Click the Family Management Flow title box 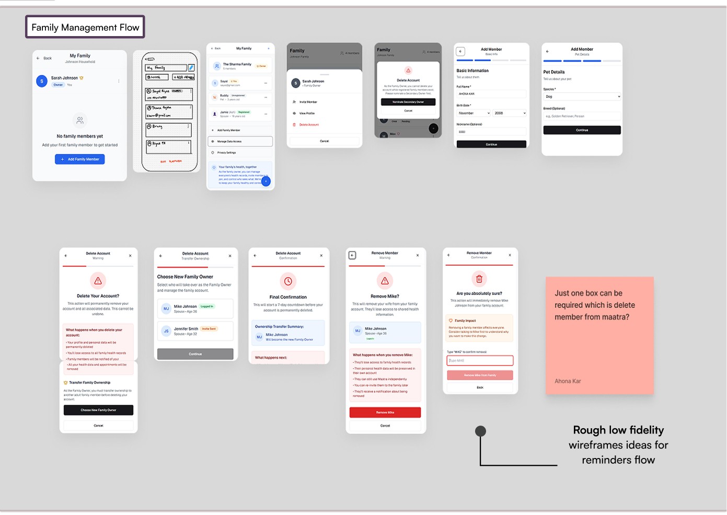coord(85,27)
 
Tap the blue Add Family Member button coord(80,159)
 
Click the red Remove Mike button coord(385,413)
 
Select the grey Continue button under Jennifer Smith coord(195,354)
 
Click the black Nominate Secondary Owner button coord(408,102)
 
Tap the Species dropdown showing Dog coord(582,97)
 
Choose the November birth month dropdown coord(474,113)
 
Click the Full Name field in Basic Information coord(491,94)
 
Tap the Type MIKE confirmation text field coord(480,361)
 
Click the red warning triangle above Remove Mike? coord(385,281)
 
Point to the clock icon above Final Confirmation coord(288,281)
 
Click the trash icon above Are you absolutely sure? coord(479,279)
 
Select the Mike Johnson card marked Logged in coord(195,308)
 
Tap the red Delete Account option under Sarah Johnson coord(309,125)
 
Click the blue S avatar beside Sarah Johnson coord(42,81)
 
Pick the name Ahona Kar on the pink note coord(568,381)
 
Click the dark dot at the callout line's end coord(480,431)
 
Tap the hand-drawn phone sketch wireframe coord(167,111)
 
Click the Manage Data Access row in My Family coord(240,141)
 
